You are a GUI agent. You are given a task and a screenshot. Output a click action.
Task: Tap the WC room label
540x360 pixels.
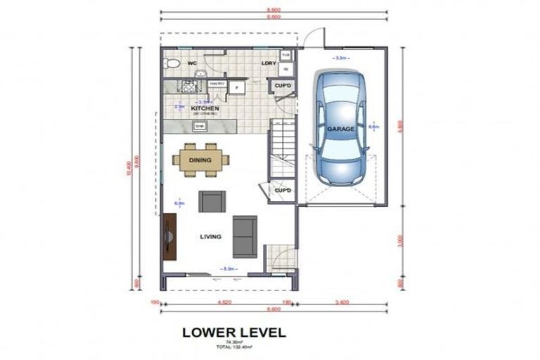(x=191, y=63)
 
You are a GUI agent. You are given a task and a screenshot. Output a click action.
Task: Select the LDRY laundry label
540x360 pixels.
(x=267, y=63)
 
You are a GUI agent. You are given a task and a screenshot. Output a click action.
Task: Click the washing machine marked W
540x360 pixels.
(x=286, y=69)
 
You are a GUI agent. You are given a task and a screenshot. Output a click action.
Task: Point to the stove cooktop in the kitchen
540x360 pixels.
(x=189, y=86)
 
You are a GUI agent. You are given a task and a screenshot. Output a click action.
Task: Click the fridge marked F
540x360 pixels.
(x=237, y=86)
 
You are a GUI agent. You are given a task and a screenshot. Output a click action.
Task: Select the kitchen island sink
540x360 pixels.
(x=200, y=126)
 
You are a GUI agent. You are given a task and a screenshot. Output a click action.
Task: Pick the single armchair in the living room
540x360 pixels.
(x=212, y=202)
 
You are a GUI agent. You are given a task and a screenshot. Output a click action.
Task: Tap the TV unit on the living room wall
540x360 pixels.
(x=169, y=237)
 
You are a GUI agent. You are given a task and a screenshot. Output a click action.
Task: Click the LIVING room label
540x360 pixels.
(x=210, y=237)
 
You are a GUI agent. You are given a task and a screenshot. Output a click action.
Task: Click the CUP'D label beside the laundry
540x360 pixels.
(x=284, y=86)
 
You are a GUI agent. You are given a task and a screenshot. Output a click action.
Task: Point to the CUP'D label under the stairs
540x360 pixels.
(x=283, y=191)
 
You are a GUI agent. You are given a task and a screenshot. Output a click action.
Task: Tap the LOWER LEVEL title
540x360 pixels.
(x=233, y=331)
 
